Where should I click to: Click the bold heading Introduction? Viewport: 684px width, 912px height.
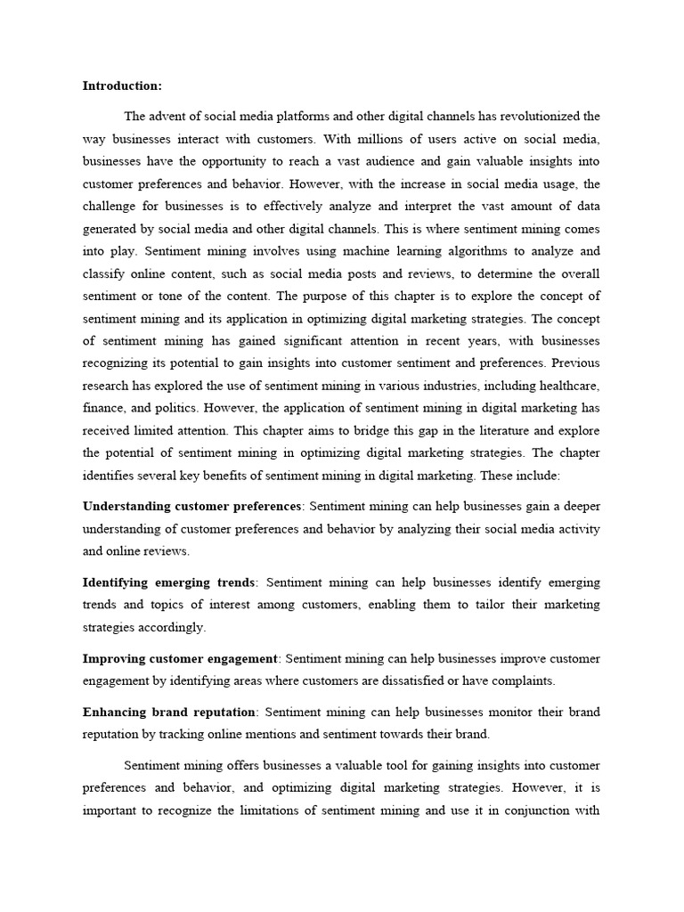[x=123, y=86]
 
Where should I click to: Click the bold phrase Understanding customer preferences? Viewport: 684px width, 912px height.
[x=191, y=507]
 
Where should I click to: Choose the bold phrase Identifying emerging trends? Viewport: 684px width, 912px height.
[x=169, y=582]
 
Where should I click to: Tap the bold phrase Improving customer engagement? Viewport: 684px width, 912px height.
[x=180, y=659]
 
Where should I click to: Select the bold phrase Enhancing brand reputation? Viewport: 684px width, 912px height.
[x=169, y=712]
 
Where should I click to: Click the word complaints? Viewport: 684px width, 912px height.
[x=525, y=681]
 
